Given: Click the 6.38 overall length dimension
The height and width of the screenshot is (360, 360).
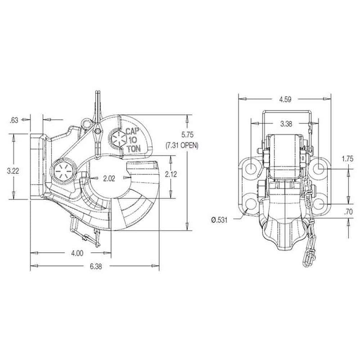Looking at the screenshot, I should point(95,266).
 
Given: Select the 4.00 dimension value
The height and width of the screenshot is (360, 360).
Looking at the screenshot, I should point(77,253).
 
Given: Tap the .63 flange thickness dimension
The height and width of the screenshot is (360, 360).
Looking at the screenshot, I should point(13,120).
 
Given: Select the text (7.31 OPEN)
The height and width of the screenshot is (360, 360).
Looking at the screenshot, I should point(182,146).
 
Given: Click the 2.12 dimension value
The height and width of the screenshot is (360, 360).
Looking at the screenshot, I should point(171,174).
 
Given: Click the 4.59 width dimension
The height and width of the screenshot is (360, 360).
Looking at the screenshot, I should point(284,99).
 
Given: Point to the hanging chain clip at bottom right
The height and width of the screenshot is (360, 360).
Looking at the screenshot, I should point(310,257).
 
